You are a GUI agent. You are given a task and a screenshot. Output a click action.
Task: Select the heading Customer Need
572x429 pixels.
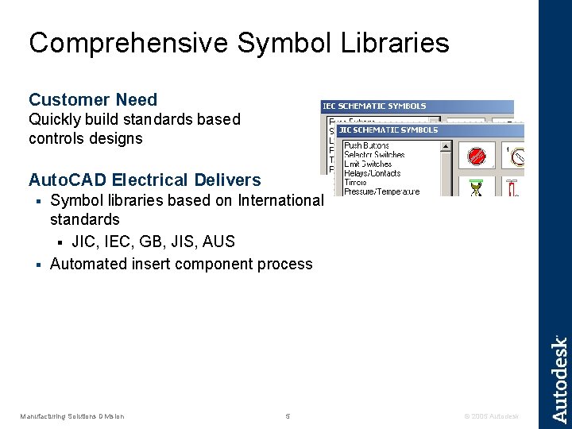tap(93, 100)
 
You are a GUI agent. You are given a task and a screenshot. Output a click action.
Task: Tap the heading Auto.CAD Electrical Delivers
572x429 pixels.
tap(145, 180)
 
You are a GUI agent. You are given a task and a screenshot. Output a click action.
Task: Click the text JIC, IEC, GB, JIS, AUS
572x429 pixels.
tap(153, 242)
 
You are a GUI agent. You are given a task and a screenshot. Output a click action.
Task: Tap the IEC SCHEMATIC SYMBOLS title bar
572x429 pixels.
tap(374, 106)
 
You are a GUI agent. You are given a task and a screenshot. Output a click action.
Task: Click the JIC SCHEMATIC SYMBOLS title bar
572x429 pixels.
tap(388, 129)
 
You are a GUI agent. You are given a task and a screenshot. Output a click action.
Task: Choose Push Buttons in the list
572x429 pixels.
tap(366, 146)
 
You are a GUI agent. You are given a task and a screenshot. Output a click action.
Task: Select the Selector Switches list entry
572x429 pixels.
tap(374, 155)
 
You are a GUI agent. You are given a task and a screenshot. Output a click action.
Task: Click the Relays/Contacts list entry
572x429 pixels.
tap(372, 173)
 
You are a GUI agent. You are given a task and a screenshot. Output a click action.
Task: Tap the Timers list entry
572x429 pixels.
tap(355, 182)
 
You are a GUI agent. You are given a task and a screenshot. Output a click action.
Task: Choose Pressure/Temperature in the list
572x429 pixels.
tap(381, 191)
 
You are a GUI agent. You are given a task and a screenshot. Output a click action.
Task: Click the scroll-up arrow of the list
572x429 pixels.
tap(446, 146)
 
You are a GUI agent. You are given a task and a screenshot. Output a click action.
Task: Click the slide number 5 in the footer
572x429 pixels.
tap(288, 416)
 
